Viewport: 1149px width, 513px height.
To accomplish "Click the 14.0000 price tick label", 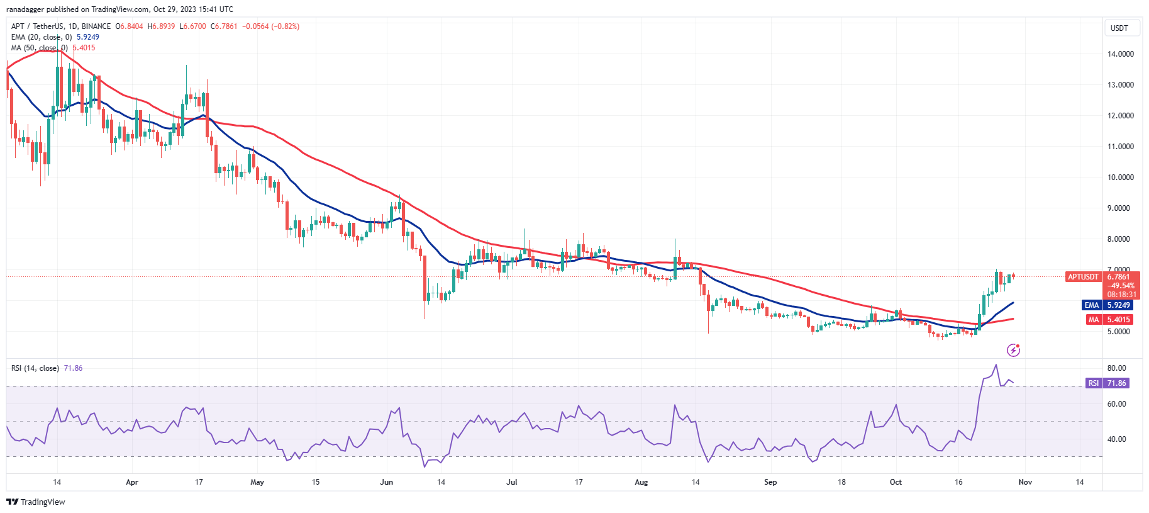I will point(1120,54).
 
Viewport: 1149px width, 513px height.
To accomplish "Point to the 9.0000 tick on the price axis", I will point(1120,208).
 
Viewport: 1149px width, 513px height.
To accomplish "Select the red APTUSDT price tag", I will point(1083,277).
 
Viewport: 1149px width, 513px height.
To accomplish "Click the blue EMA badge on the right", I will point(1091,305).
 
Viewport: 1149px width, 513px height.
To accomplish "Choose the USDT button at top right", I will point(1119,28).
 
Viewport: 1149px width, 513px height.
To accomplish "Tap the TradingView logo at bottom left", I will point(36,502).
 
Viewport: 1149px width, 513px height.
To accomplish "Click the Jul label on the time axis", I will point(512,482).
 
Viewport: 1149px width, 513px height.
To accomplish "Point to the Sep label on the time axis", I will point(770,482).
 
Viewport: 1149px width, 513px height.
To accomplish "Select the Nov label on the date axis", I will point(1025,482).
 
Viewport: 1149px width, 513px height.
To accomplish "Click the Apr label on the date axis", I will point(131,482).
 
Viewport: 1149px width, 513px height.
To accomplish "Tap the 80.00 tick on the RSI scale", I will point(1116,368).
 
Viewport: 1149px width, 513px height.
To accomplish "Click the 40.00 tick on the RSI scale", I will point(1116,439).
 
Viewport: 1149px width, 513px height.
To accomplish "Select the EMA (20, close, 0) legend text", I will point(42,37).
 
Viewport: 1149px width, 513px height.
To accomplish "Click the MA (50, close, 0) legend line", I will point(39,48).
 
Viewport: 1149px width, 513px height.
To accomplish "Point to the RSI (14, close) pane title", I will point(35,368).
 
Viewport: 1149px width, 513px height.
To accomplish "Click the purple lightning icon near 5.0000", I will point(1013,350).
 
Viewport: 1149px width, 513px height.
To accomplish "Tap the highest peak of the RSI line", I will point(996,365).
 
